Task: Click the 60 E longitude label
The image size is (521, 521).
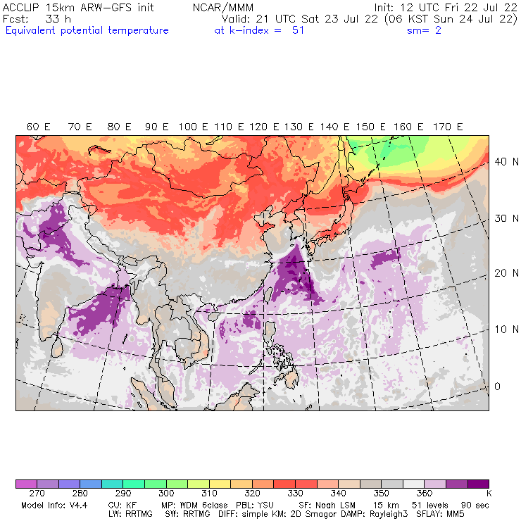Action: point(38,127)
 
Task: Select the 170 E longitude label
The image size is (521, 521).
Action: point(448,127)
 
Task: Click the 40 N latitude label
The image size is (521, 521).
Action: point(502,161)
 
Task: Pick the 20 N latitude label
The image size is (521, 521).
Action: point(502,273)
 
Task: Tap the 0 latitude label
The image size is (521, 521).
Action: point(496,387)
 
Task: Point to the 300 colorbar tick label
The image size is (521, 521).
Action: point(166,494)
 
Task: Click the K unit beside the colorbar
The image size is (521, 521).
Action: point(488,494)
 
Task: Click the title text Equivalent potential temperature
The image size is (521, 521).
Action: point(87,30)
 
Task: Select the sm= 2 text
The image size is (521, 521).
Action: point(424,30)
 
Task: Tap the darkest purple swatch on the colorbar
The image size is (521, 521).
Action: point(478,484)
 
